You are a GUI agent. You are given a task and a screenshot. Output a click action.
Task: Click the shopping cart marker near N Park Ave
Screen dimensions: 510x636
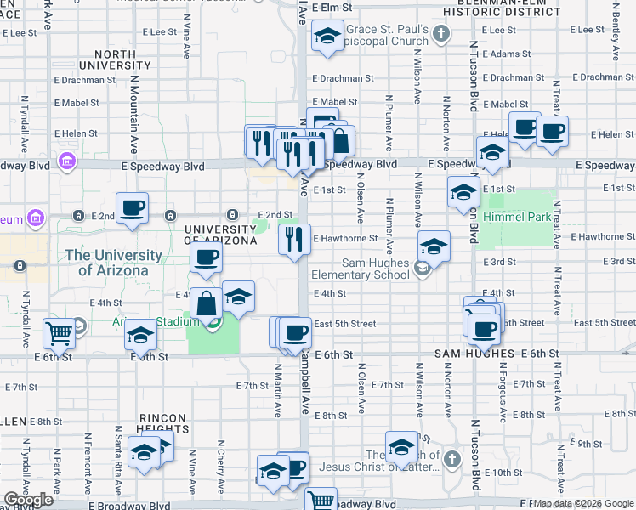(59, 333)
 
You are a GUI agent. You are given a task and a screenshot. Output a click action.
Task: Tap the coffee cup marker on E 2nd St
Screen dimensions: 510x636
(132, 207)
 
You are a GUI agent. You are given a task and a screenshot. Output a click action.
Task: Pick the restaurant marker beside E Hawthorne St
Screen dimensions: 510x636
(294, 239)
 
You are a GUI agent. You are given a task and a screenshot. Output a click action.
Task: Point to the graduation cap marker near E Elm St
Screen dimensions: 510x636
(327, 37)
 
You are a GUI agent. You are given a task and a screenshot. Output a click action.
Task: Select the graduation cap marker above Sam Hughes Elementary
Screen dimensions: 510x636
(434, 246)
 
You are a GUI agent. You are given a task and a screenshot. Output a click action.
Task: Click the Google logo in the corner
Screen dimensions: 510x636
(28, 501)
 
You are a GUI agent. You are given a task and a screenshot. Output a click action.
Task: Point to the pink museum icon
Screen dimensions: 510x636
(35, 218)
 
